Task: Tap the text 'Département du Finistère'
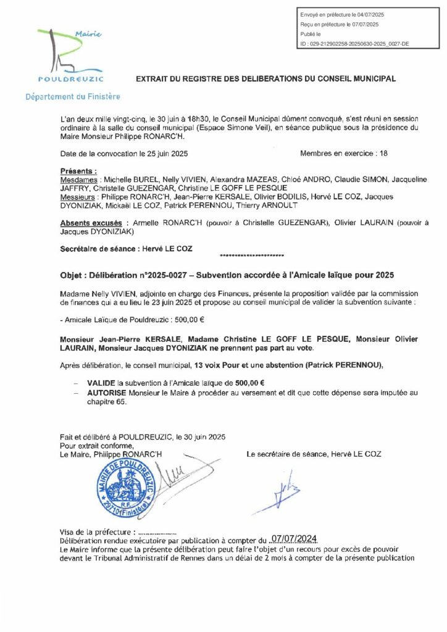(x=72, y=97)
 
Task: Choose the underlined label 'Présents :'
(x=78, y=170)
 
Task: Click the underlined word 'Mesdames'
(x=79, y=178)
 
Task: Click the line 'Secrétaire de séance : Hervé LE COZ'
(x=127, y=248)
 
